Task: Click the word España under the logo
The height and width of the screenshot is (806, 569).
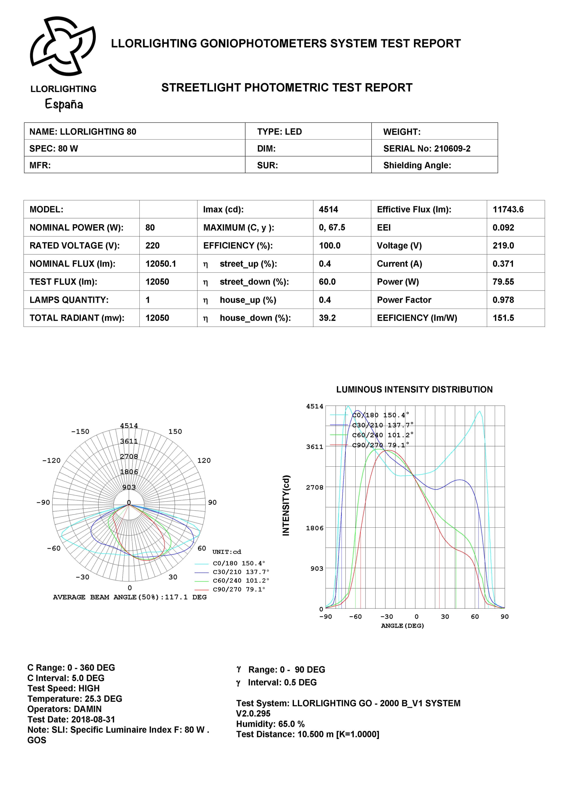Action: [64, 104]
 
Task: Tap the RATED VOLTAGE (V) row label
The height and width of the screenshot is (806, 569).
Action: [74, 246]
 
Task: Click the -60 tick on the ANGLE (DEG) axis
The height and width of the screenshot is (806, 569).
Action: [355, 617]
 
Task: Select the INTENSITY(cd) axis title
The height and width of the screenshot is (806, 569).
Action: [286, 505]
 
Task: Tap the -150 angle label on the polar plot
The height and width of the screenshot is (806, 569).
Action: [80, 431]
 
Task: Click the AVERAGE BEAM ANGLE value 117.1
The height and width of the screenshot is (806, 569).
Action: [176, 597]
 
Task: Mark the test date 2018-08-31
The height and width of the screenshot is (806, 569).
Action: [93, 719]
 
